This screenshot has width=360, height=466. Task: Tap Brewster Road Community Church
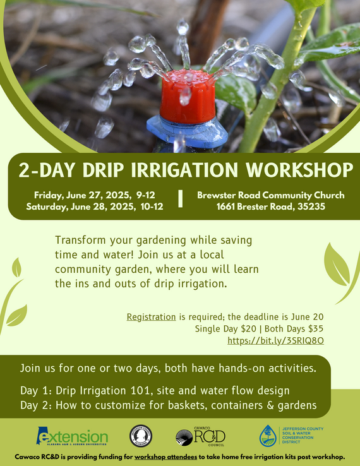click(270, 195)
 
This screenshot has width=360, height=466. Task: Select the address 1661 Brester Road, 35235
click(270, 206)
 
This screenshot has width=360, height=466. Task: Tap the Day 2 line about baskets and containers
click(167, 404)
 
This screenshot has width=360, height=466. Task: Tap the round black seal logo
click(140, 436)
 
